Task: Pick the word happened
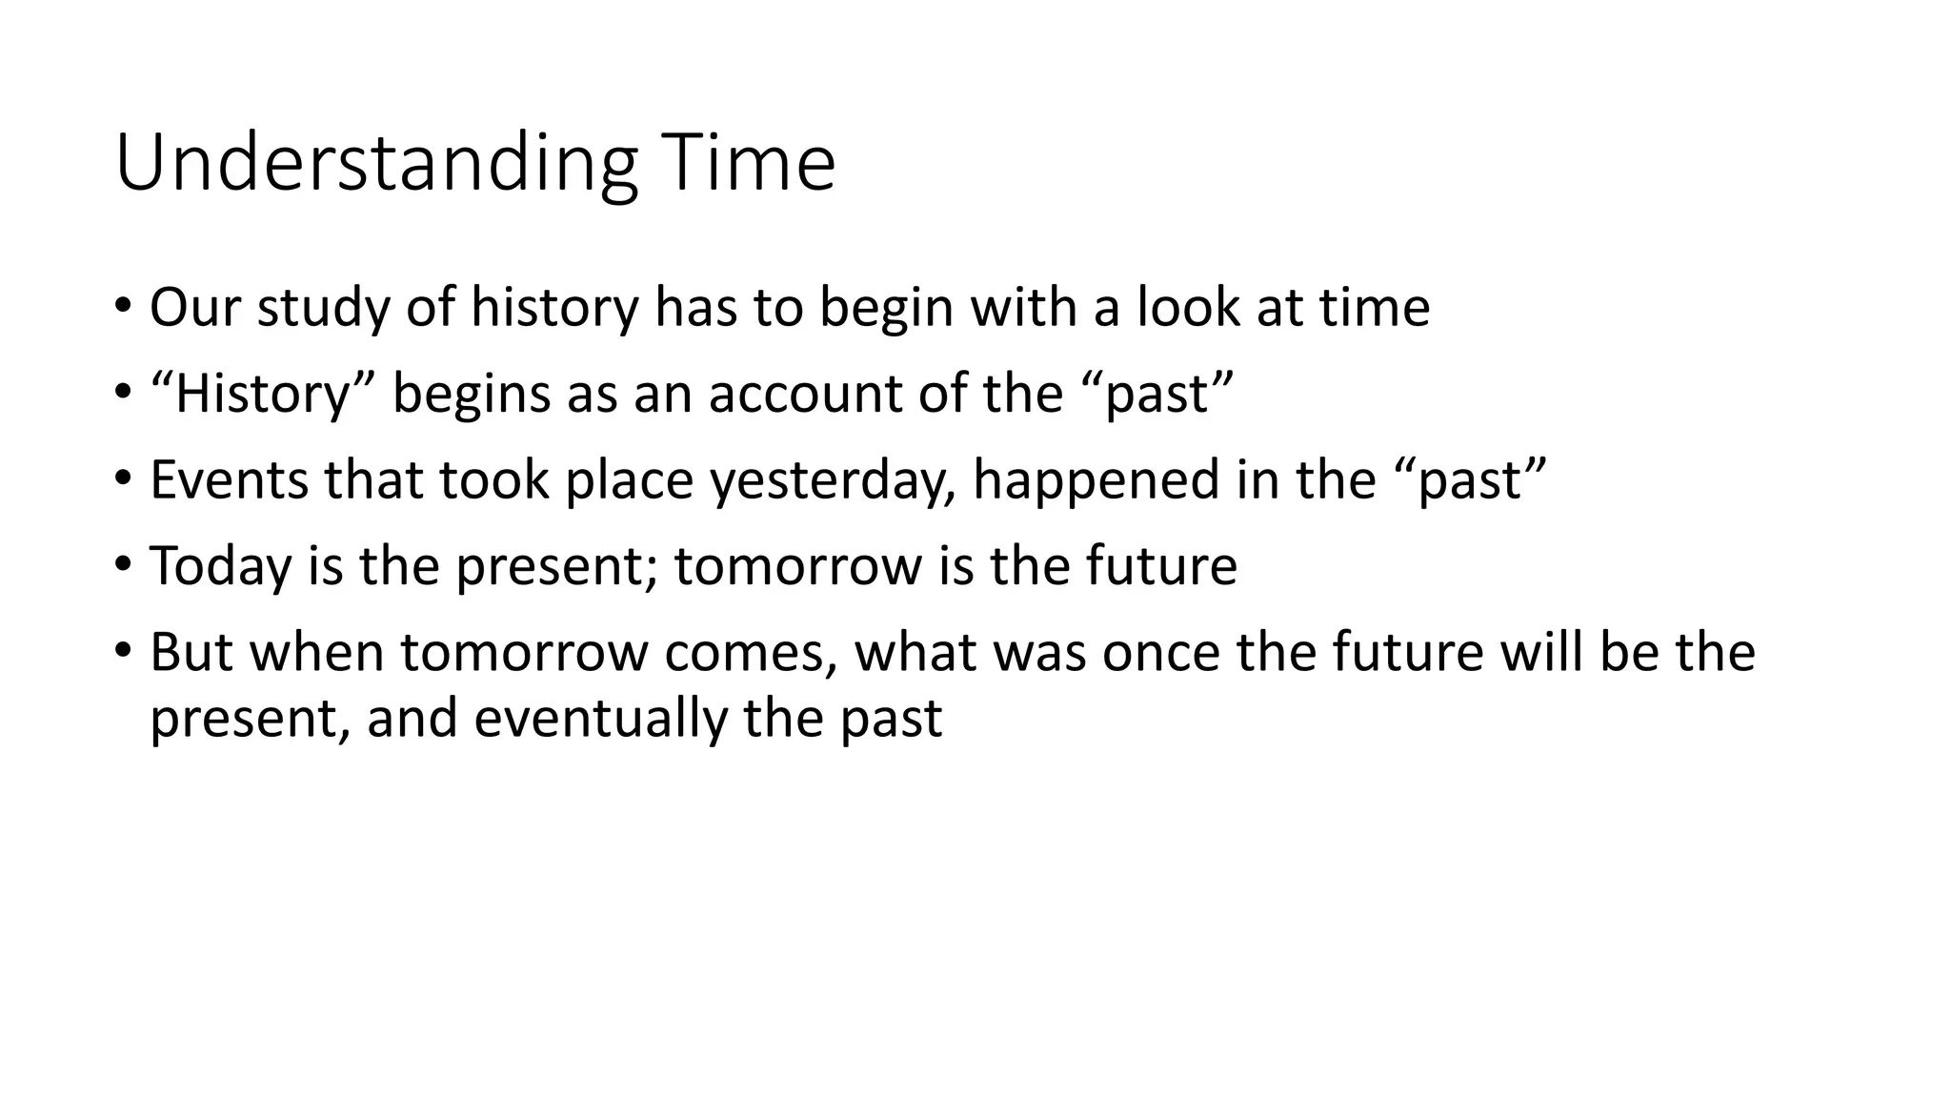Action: (x=1096, y=479)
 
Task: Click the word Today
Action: (x=220, y=565)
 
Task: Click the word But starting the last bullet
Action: (x=191, y=652)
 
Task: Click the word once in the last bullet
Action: (x=1160, y=652)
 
